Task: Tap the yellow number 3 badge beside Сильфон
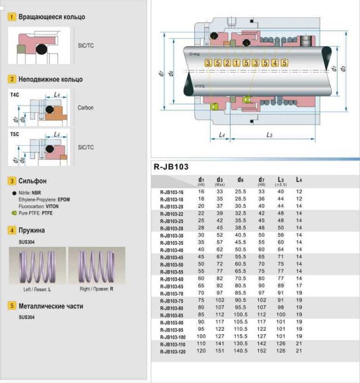tap(11, 180)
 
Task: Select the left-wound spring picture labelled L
tap(36, 267)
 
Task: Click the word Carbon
tap(85, 107)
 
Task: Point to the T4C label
tap(15, 95)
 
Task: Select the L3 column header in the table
tap(281, 180)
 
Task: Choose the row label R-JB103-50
tap(172, 264)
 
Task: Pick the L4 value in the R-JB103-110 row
tap(299, 344)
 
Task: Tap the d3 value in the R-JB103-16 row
tap(219, 191)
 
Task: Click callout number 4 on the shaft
tap(274, 63)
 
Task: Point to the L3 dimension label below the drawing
tap(270, 135)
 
